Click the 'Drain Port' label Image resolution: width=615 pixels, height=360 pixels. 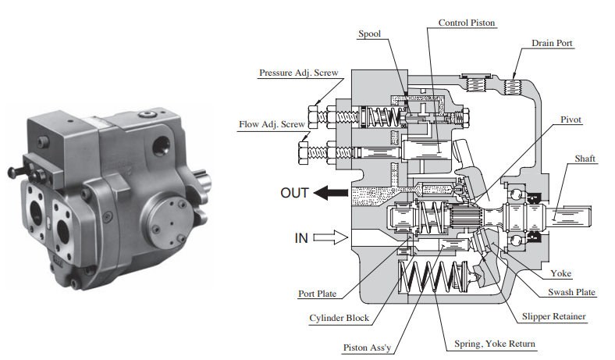pyautogui.click(x=552, y=44)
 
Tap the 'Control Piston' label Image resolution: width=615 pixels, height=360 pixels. pyautogui.click(x=467, y=23)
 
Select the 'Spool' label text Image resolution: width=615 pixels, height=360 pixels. pyautogui.click(x=368, y=34)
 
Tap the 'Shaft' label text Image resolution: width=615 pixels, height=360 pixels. pyautogui.click(x=585, y=159)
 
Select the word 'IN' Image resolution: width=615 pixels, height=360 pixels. pyautogui.click(x=301, y=238)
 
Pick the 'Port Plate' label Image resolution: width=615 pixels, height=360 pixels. pyautogui.click(x=317, y=294)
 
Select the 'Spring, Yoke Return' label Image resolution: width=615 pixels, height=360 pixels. pyautogui.click(x=490, y=344)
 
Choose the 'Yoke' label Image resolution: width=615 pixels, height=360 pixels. pyautogui.click(x=560, y=273)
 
